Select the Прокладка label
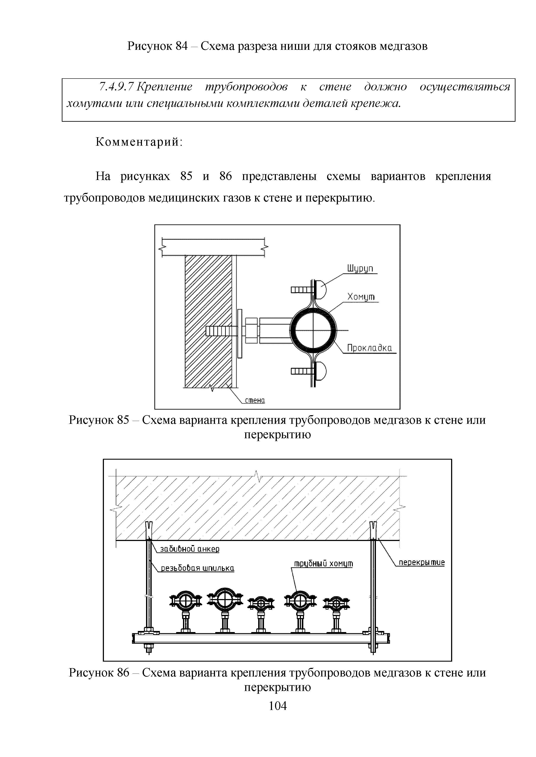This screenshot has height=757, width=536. pyautogui.click(x=369, y=348)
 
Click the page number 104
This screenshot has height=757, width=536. pyautogui.click(x=278, y=706)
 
